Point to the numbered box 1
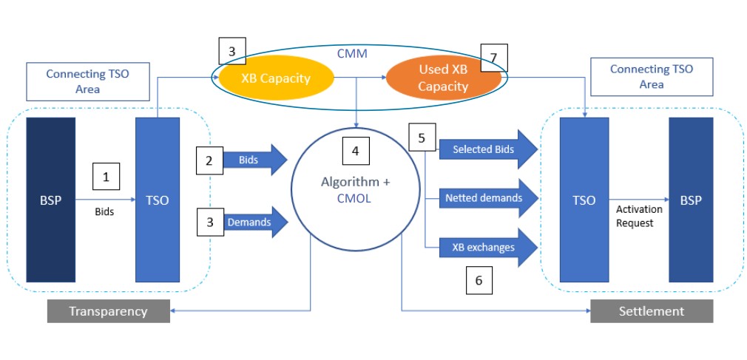click(106, 177)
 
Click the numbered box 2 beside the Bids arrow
click(210, 160)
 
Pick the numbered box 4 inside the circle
click(355, 152)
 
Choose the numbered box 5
click(422, 138)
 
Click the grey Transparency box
click(109, 311)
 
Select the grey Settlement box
click(651, 311)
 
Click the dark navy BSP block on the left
click(51, 200)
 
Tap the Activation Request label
click(639, 216)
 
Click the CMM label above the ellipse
click(351, 53)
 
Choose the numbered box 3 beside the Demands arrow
click(210, 222)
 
